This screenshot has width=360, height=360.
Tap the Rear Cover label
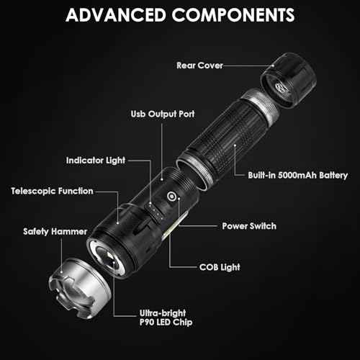[199, 66]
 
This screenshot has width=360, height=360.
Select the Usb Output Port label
[162, 114]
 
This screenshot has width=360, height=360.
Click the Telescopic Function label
[52, 191]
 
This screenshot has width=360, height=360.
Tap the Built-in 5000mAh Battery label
[298, 175]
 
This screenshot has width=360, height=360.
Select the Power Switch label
[249, 225]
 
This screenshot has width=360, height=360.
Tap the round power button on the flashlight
[172, 197]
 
